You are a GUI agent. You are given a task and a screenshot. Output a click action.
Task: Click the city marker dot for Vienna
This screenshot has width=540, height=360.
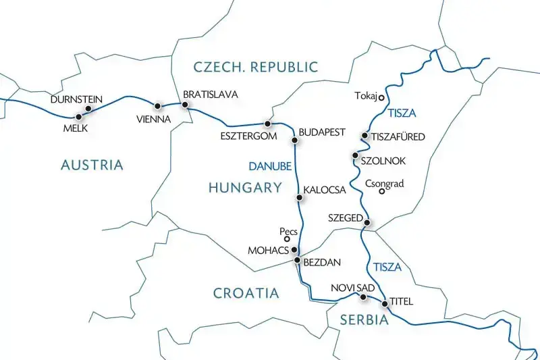pos(158,106)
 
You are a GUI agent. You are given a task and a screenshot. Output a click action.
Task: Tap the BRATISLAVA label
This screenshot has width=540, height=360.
pos(211,95)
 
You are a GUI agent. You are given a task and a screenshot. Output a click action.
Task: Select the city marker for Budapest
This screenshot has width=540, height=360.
pos(294,140)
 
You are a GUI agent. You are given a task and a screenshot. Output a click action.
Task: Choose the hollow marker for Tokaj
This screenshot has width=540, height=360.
pos(381,97)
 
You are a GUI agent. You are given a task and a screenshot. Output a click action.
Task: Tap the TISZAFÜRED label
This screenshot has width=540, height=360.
pos(398,137)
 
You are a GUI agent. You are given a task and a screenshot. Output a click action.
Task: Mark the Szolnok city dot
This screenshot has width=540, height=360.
pos(355,156)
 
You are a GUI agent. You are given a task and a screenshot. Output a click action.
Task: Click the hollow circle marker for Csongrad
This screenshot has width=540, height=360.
pos(381,192)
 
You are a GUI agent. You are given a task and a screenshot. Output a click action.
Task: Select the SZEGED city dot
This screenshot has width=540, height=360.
pos(367,222)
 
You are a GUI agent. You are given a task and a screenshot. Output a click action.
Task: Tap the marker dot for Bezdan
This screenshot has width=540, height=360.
pos(297,260)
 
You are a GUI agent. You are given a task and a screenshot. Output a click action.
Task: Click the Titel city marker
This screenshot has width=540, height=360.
pos(385,304)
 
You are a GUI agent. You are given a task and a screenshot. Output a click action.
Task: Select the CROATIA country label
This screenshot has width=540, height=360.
pos(246,293)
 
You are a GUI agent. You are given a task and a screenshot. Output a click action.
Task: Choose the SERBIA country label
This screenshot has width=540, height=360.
pos(364,320)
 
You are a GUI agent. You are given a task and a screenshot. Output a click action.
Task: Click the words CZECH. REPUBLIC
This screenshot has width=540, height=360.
pos(255,66)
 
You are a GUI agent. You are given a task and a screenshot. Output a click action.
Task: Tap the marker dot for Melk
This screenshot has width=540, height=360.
pos(79,116)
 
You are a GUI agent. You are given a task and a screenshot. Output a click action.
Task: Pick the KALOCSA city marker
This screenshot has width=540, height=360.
pos(300,198)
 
